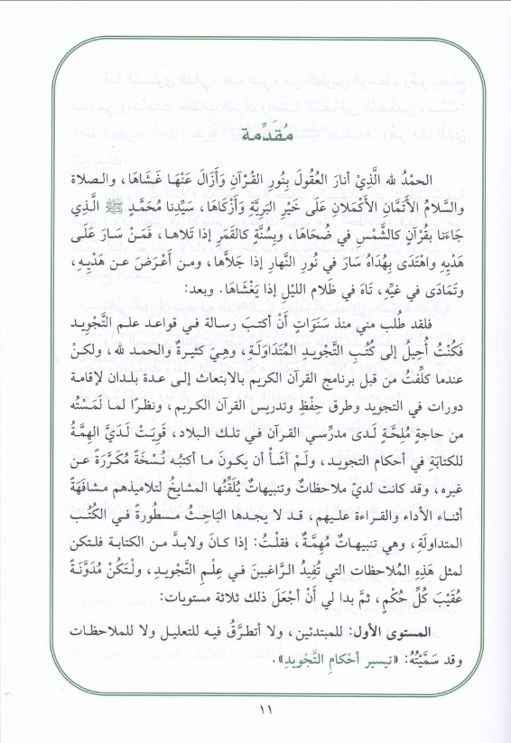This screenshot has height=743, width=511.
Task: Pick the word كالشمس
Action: pyautogui.click(x=361, y=220)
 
